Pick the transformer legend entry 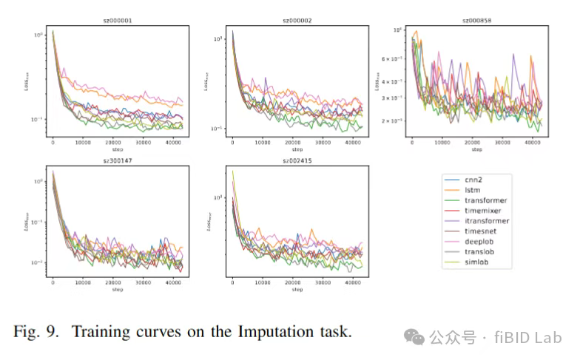tap(486, 200)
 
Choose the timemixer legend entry tap(485, 210)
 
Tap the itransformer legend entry tap(488, 220)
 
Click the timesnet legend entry tap(482, 231)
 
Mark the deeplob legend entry tap(481, 241)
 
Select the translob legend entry tap(481, 251)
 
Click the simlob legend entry tap(479, 262)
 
